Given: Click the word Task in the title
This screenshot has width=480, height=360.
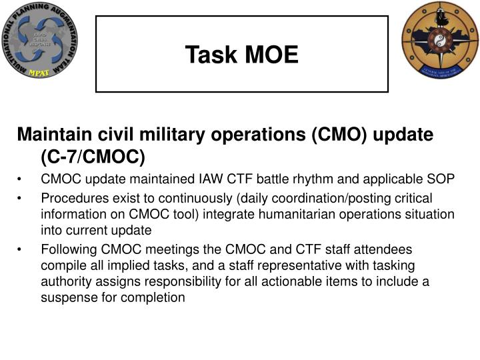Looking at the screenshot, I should pos(209,55).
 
